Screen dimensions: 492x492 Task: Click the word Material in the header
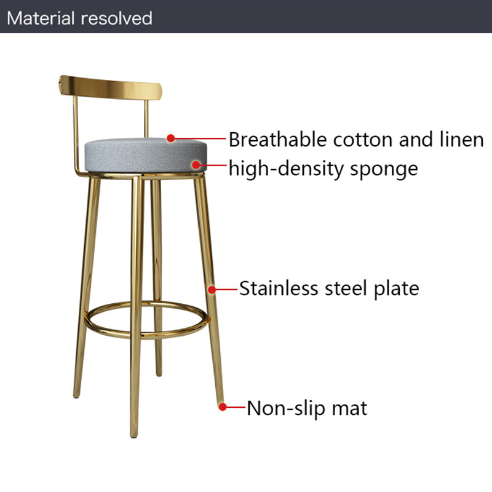[x=40, y=18]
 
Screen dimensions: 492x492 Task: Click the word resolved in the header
[x=116, y=18]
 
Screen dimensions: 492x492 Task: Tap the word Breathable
[x=279, y=140]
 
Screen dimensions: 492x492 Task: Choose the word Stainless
[x=280, y=288]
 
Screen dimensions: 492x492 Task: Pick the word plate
[x=397, y=289]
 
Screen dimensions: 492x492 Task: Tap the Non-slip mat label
[x=307, y=408]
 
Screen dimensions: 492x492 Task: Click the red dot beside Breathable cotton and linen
[x=172, y=139]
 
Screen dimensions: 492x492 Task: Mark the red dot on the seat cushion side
[x=196, y=164]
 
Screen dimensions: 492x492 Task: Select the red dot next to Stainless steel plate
[x=212, y=288]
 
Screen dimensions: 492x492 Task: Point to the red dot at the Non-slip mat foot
[x=223, y=407]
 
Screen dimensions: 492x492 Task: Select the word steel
[x=346, y=288]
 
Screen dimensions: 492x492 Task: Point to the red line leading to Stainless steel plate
[x=226, y=288]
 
